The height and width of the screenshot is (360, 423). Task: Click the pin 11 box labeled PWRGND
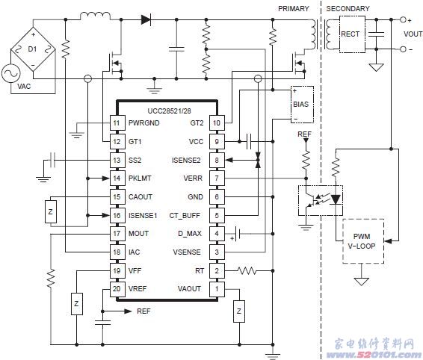pyautogui.click(x=117, y=123)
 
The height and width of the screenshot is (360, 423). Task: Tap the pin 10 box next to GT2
pyautogui.click(x=217, y=123)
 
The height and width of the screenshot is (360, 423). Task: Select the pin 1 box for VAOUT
pyautogui.click(x=217, y=289)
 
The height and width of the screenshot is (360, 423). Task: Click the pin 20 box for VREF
pyautogui.click(x=117, y=289)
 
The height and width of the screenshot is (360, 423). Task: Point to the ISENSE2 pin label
pyautogui.click(x=186, y=161)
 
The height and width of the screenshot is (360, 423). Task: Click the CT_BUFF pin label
pyautogui.click(x=185, y=216)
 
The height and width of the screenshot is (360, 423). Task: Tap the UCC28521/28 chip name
pyautogui.click(x=169, y=111)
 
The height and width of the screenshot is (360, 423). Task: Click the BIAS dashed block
pyautogui.click(x=302, y=105)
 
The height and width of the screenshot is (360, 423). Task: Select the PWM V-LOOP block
pyautogui.click(x=363, y=241)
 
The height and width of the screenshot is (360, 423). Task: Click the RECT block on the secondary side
pyautogui.click(x=352, y=34)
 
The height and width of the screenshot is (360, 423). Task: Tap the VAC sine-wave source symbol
pyautogui.click(x=10, y=74)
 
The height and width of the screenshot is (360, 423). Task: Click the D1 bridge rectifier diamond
pyautogui.click(x=33, y=49)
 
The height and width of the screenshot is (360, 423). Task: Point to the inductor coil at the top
pyautogui.click(x=95, y=16)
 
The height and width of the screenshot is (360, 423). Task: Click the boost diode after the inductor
pyautogui.click(x=146, y=19)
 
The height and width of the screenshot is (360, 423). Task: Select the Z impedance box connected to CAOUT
pyautogui.click(x=51, y=211)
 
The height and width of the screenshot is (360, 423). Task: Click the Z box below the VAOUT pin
pyautogui.click(x=239, y=311)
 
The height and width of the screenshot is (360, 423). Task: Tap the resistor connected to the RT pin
pyautogui.click(x=247, y=270)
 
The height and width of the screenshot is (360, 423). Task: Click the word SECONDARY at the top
pyautogui.click(x=348, y=9)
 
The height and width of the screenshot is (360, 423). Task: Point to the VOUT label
pyautogui.click(x=413, y=34)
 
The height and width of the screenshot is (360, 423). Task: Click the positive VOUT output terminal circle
pyautogui.click(x=403, y=19)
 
